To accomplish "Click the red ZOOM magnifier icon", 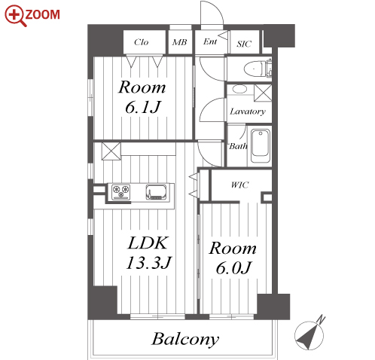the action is tap(15, 16).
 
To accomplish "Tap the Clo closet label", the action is tap(142, 42).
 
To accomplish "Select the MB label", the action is tap(180, 42).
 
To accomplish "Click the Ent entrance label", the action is tap(210, 41).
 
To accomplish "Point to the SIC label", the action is tap(244, 44).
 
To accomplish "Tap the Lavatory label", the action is tap(248, 111).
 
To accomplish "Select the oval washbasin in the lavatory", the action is tap(239, 89).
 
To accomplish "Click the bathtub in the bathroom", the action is tap(261, 146).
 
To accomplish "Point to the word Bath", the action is tap(238, 146).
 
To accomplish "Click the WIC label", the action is tap(240, 185).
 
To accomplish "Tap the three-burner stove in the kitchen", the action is tap(120, 192).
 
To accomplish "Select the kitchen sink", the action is tap(156, 192).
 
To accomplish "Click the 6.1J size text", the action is tap(142, 108).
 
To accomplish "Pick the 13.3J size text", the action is tap(149, 263).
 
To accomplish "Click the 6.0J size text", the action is tap(233, 268).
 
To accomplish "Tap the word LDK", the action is tap(148, 243).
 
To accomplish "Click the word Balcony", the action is tap(185, 340).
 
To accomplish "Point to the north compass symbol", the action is tap(310, 334).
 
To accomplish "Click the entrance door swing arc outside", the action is tap(216, 8).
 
